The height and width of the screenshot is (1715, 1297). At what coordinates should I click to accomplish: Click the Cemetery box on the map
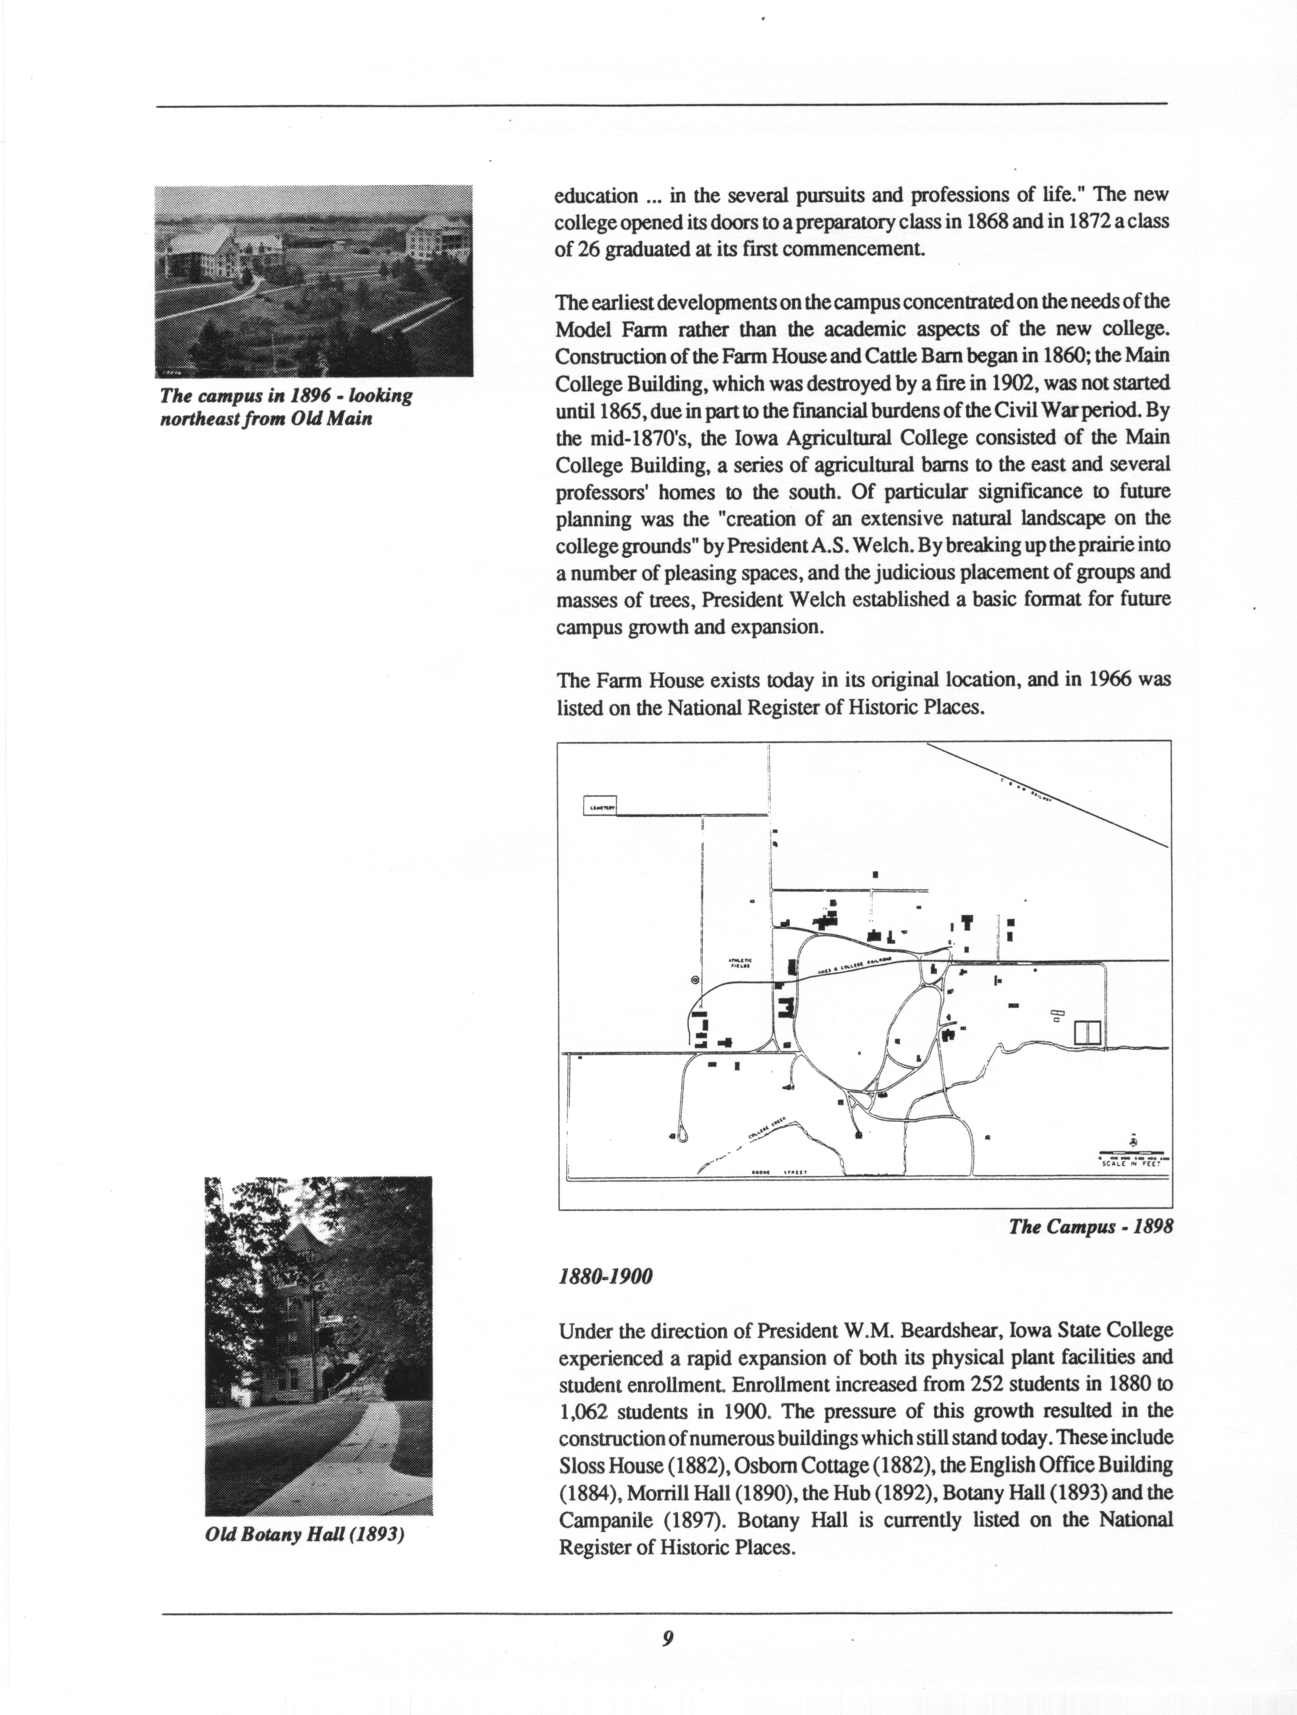[x=599, y=806]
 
